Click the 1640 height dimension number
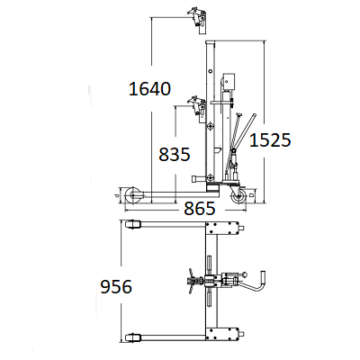click(x=149, y=89)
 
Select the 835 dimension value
click(x=175, y=154)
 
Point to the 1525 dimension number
click(x=270, y=140)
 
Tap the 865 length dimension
click(x=200, y=208)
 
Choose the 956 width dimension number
click(x=116, y=286)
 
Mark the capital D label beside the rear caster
click(x=252, y=195)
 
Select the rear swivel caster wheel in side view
click(x=239, y=198)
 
